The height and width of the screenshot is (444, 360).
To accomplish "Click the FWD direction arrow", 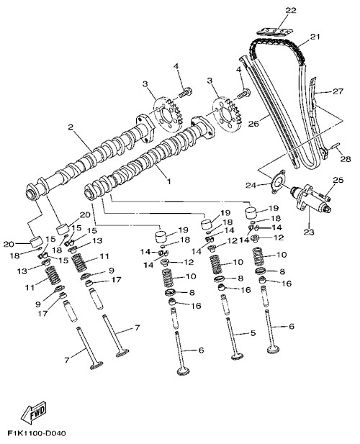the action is (34, 411).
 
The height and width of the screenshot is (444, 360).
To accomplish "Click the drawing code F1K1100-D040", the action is (37, 433).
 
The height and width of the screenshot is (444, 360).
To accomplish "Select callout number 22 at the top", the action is (291, 11).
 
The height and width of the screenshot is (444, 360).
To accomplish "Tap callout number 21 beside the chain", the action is (315, 37).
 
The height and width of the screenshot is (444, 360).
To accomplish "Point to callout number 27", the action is (338, 91).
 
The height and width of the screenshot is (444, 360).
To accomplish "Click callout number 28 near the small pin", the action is (346, 159).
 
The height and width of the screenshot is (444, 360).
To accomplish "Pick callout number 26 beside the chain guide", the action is (253, 124).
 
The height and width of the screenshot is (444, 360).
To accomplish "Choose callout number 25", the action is (338, 180).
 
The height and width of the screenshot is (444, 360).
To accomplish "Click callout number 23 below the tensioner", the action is (309, 232).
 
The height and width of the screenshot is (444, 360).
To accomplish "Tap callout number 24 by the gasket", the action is (251, 186).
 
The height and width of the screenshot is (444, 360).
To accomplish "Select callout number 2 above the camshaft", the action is (71, 127).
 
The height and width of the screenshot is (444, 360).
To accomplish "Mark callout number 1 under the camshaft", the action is (168, 181).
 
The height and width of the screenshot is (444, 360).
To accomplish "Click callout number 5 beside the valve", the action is (253, 333).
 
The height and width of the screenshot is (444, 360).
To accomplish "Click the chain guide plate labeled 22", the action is (274, 31).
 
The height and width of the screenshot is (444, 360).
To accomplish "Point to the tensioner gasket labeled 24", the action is (278, 182).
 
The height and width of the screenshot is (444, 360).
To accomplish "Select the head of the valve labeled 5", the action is (238, 356).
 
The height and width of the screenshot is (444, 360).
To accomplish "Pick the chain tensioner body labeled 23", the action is (311, 199).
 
